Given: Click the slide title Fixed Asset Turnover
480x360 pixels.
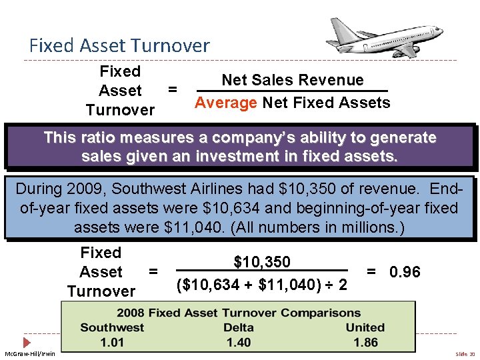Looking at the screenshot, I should coord(119,45).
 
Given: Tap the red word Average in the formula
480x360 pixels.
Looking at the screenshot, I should coord(225,103).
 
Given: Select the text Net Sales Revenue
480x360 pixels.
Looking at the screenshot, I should coord(292,80).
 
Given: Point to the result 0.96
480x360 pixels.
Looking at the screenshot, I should coord(404,272).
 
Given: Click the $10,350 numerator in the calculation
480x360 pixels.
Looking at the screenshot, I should coord(262,262).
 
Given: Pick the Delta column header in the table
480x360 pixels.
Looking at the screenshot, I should coord(238,327).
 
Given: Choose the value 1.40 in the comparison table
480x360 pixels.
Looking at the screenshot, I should coord(238,342).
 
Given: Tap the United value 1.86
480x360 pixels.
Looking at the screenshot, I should coord(365,342).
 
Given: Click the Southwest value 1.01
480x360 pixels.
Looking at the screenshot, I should coord(112,342).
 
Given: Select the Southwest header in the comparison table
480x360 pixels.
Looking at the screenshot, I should coord(112,327).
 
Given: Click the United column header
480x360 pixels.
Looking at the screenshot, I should coord(365,327).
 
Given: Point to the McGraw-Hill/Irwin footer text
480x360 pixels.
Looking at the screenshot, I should coord(30,353).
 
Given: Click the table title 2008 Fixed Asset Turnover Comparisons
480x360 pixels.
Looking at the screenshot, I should coord(238,313).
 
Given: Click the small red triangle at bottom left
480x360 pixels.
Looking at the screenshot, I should coord(27,342).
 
